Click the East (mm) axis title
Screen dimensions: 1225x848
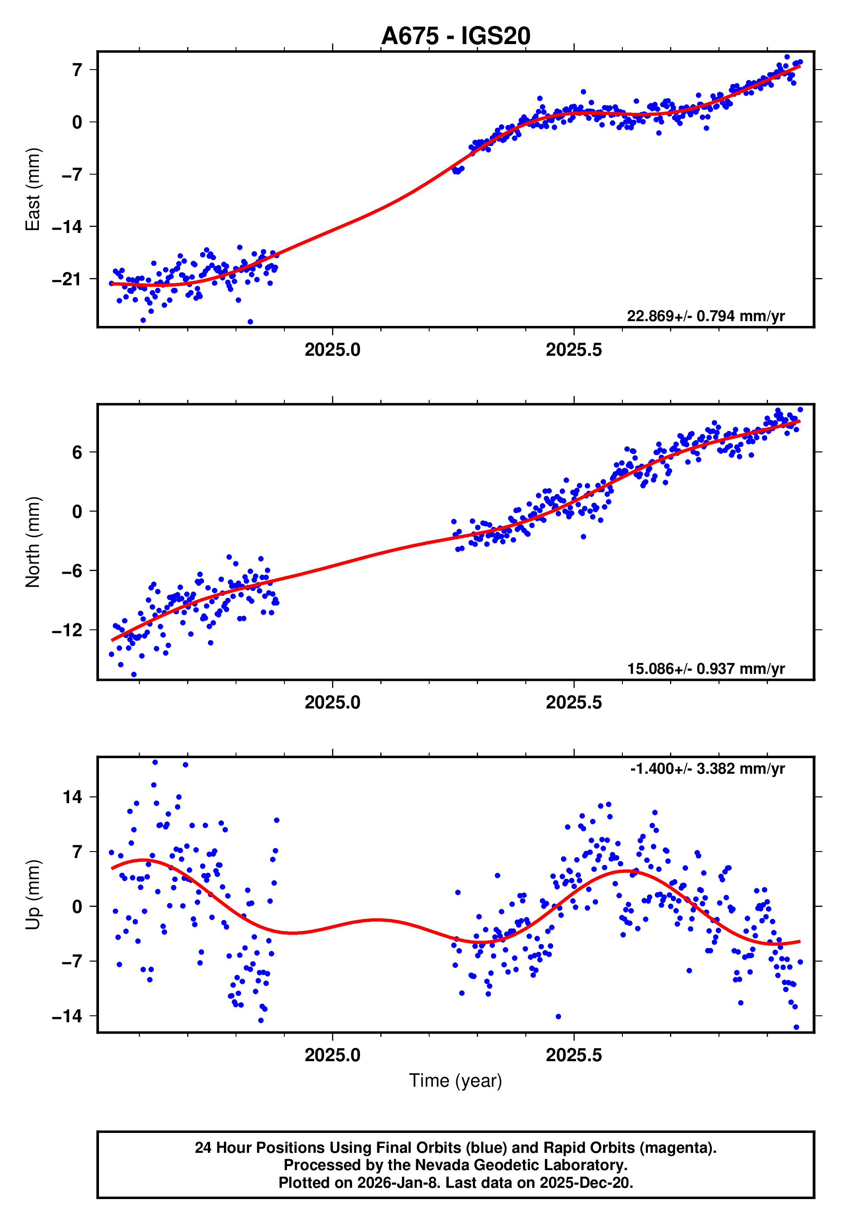(x=33, y=189)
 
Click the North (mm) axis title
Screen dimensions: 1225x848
(x=33, y=542)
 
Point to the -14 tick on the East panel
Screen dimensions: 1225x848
(x=67, y=227)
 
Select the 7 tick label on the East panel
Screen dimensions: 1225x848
(x=77, y=70)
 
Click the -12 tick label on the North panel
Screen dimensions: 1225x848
(x=67, y=630)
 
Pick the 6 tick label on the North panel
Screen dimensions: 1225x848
(x=77, y=452)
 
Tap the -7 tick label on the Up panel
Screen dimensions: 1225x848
(x=67, y=961)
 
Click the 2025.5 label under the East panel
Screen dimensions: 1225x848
(x=574, y=350)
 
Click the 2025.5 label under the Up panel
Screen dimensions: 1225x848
(x=574, y=1055)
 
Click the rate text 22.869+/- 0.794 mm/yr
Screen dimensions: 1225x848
(x=706, y=316)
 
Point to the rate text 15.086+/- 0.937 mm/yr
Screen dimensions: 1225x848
(x=706, y=669)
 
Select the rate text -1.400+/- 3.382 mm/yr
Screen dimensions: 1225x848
(x=707, y=769)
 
